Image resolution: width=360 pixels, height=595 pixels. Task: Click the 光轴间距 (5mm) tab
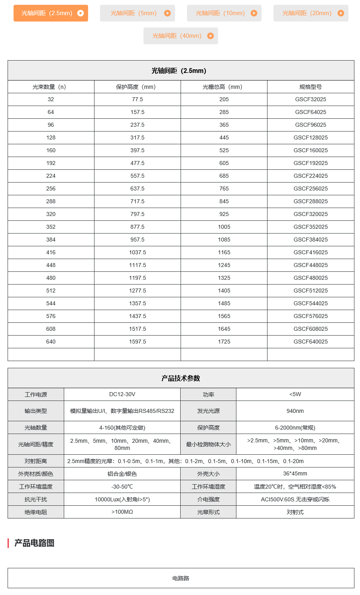click(137, 13)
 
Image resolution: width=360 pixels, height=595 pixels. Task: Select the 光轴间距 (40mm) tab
click(181, 36)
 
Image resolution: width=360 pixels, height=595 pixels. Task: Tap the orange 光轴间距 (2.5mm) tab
click(51, 13)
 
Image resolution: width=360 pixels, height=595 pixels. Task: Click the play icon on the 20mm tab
click(340, 13)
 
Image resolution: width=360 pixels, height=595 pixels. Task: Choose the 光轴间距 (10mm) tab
click(224, 13)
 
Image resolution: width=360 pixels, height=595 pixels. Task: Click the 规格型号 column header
click(311, 87)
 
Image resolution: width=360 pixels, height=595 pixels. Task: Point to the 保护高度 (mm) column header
click(137, 87)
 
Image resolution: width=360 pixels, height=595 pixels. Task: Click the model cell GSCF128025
click(311, 137)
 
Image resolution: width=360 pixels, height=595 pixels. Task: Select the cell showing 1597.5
click(138, 342)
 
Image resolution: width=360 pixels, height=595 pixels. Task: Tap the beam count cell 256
click(51, 189)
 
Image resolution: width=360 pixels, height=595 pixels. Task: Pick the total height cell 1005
click(224, 227)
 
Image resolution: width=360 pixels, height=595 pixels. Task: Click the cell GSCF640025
click(311, 342)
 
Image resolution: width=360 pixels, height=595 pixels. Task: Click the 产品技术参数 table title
click(181, 378)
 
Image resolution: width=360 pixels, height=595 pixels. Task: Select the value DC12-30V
click(122, 394)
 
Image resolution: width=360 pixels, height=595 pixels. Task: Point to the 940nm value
click(295, 411)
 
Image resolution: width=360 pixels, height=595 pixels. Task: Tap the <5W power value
click(295, 394)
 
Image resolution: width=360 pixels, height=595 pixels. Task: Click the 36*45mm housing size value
click(295, 473)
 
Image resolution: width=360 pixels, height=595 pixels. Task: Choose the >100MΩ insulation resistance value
click(122, 512)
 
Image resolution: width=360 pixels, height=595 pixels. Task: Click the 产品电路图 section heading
click(34, 543)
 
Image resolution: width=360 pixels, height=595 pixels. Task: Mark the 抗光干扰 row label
click(35, 499)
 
